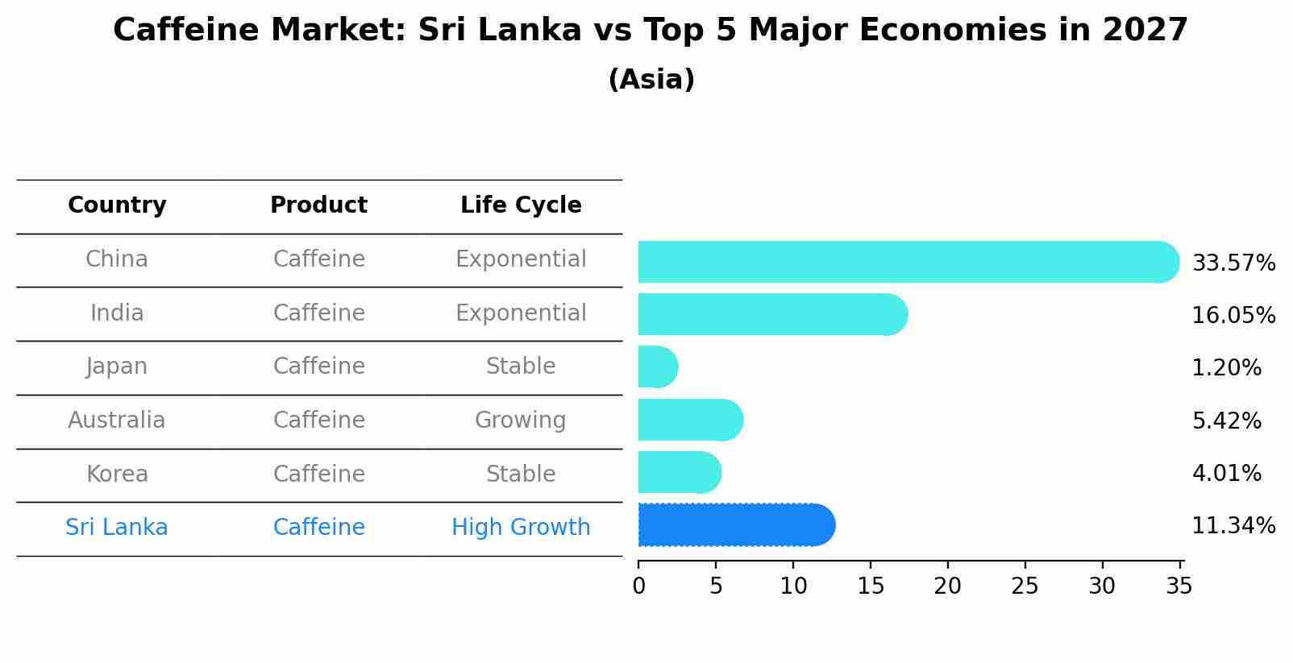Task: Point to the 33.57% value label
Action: (1233, 263)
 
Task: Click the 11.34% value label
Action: (1233, 526)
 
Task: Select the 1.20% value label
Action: (1226, 368)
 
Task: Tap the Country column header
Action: (117, 205)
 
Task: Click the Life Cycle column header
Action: (521, 205)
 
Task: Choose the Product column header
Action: (318, 205)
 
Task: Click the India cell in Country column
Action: (117, 313)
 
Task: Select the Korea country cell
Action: (117, 474)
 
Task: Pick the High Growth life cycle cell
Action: (521, 528)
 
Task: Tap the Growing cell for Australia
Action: (521, 421)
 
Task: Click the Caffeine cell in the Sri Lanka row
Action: (318, 528)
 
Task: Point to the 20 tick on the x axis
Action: (947, 586)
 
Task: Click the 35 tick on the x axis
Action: (1179, 586)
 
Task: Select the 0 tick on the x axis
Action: (638, 586)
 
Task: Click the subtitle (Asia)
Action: (651, 80)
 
